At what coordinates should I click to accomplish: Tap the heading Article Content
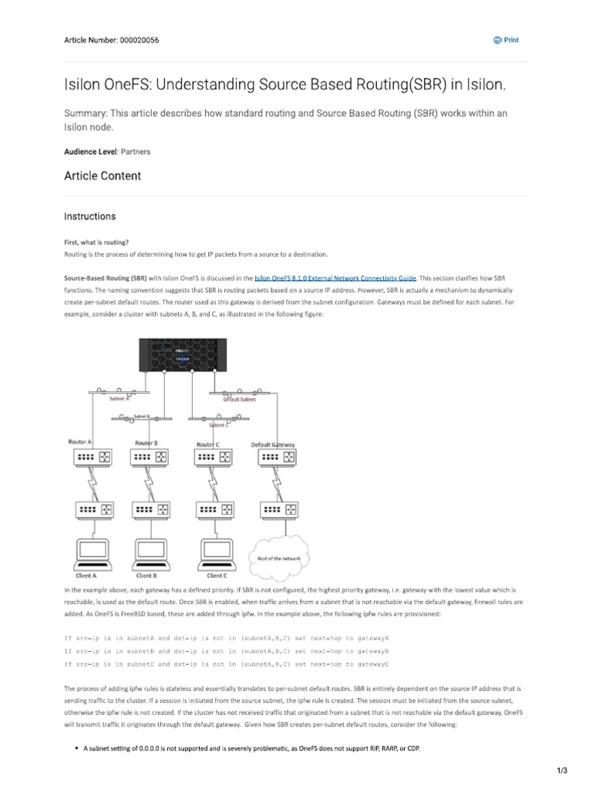(x=102, y=176)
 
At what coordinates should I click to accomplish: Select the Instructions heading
(x=89, y=217)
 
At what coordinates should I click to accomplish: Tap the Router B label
(x=146, y=442)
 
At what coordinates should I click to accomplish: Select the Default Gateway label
(x=274, y=445)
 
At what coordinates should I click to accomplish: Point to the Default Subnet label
(x=238, y=399)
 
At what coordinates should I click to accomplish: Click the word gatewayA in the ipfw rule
(x=368, y=639)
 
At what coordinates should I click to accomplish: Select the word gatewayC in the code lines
(x=368, y=663)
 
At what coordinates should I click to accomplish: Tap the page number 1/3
(x=562, y=771)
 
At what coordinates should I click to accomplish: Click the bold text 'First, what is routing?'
(x=96, y=241)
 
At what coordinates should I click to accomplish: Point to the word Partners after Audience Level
(x=136, y=152)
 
